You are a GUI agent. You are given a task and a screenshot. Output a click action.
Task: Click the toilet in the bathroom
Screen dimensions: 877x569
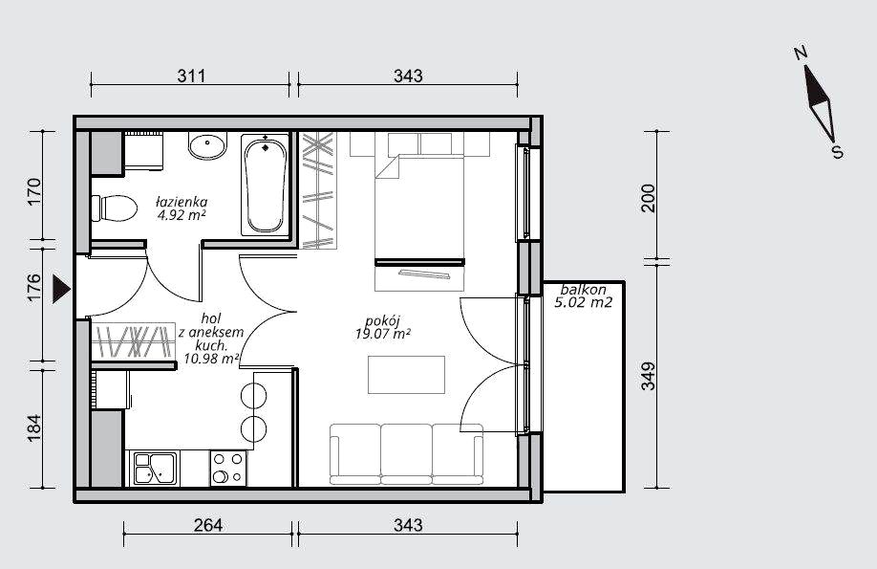point(115,208)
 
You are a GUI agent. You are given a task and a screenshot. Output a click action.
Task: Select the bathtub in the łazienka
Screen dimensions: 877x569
point(266,185)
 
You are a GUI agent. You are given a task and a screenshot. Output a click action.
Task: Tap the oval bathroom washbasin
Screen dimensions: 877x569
point(207,145)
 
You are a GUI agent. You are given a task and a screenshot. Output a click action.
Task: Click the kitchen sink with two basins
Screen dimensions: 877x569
point(155,469)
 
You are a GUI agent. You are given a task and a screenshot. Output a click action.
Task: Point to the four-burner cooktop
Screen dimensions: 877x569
point(228,469)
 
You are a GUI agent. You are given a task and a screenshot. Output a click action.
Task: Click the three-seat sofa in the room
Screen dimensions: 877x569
point(407,453)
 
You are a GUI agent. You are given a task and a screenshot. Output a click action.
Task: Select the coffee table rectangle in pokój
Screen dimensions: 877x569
point(407,375)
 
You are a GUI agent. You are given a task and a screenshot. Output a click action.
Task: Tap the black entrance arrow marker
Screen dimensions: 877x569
point(61,289)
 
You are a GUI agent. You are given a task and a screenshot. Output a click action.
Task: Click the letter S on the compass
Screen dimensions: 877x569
point(837,152)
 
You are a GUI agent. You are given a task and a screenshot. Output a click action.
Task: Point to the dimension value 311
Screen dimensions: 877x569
point(191,76)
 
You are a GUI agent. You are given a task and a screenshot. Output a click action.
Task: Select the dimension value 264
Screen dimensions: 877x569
point(208,525)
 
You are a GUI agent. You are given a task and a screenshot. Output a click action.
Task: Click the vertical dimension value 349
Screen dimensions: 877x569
point(649,377)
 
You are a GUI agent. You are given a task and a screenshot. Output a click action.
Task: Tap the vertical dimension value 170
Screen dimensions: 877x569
point(34,192)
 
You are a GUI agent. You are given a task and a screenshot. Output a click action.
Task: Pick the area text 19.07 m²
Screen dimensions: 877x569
point(383,335)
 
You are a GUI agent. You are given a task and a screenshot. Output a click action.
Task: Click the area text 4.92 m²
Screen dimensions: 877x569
point(181,215)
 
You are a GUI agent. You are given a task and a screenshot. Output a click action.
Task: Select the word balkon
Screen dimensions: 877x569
point(584,290)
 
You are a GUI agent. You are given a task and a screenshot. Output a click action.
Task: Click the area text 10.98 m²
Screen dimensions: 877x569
point(211,359)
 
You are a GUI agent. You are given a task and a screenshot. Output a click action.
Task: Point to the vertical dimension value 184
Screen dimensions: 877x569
point(34,428)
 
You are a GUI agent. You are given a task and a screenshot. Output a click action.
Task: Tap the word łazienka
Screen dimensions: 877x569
point(182,202)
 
